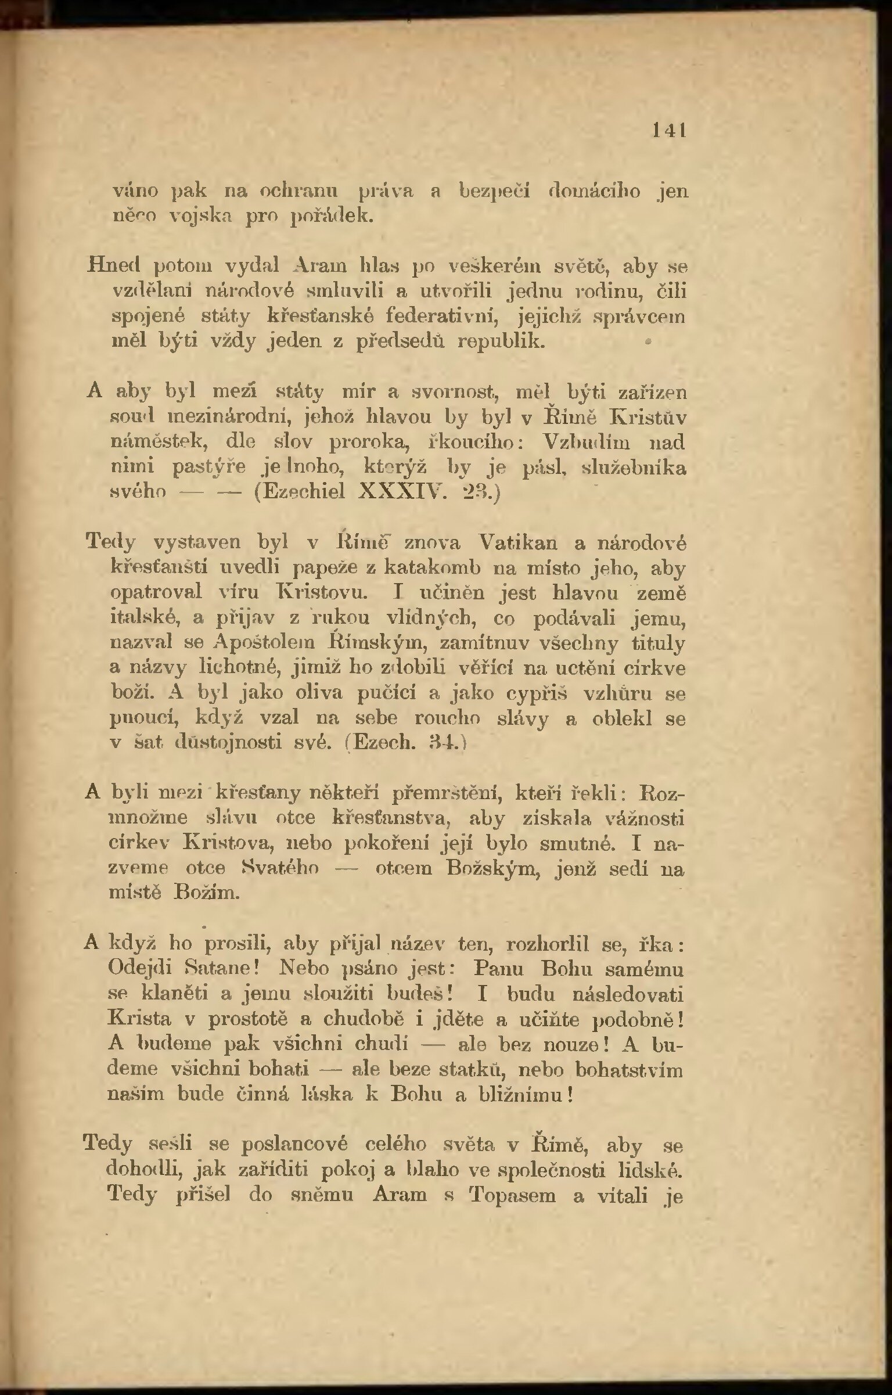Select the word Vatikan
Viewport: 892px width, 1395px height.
tap(518, 542)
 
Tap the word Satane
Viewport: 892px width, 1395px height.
tap(226, 969)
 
